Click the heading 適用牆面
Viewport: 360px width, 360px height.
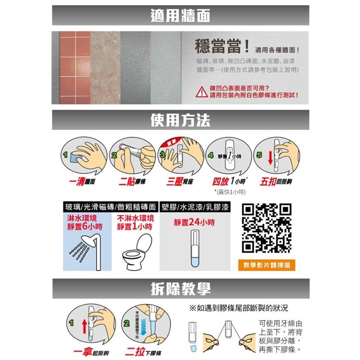pos(180,15)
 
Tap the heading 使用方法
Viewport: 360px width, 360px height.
pos(180,120)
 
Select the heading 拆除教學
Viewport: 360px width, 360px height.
pos(180,288)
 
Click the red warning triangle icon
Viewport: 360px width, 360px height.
pos(201,93)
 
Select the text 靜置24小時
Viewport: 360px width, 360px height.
pos(194,223)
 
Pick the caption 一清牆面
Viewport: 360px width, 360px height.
pos(82,182)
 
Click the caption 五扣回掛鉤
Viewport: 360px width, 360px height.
pos(276,182)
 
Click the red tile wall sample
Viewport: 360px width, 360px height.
pos(75,68)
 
